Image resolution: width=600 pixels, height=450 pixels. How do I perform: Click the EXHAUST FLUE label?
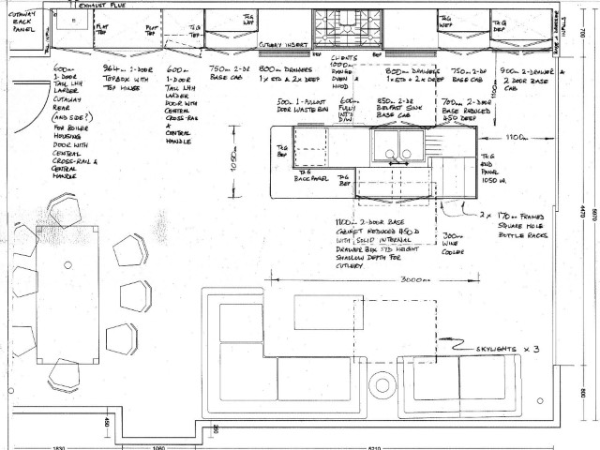point(103,5)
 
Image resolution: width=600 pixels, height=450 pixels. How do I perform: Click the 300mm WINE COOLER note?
point(454,241)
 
